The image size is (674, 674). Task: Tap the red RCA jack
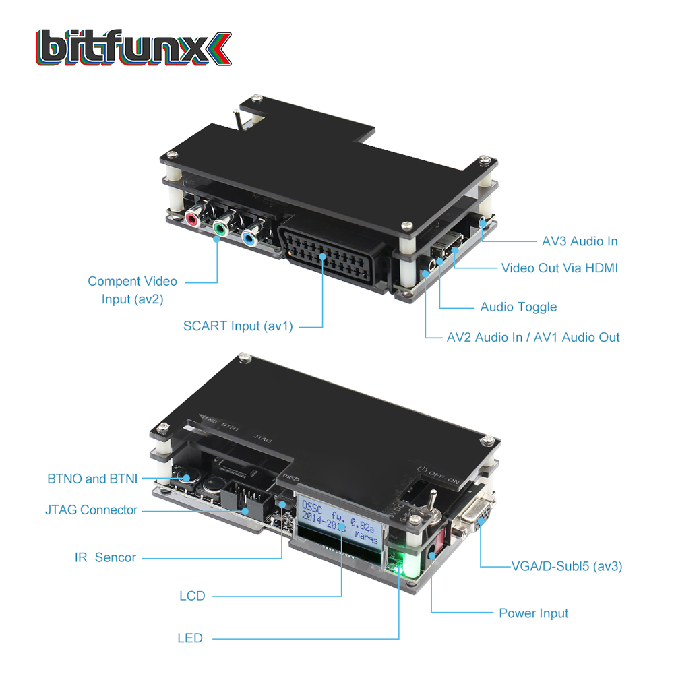click(x=191, y=219)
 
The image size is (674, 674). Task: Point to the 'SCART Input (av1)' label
click(x=238, y=326)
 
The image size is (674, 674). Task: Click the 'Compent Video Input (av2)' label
click(x=133, y=290)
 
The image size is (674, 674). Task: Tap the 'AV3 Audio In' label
click(x=580, y=241)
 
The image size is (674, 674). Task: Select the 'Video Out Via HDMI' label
click(x=559, y=268)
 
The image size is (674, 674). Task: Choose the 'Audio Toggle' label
click(x=518, y=307)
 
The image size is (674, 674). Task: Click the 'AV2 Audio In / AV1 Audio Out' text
click(x=533, y=337)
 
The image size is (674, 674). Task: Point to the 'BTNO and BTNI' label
click(x=92, y=479)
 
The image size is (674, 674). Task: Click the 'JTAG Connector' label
click(x=91, y=510)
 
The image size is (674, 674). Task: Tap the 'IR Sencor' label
click(x=105, y=557)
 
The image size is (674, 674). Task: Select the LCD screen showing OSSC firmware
click(x=340, y=523)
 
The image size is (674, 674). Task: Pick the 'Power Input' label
click(x=533, y=613)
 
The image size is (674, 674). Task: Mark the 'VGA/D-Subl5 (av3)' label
click(x=567, y=566)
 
